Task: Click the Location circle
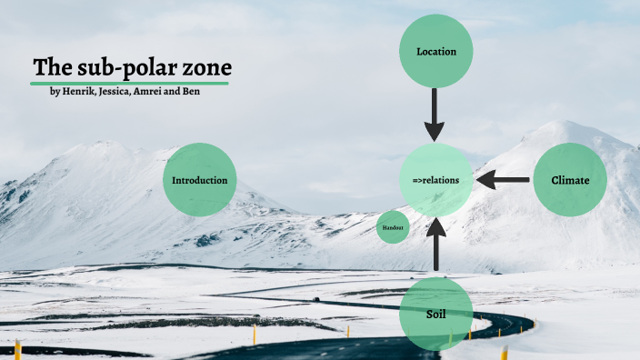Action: pos(435,51)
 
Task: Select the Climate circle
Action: pos(570,180)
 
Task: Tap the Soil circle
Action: pos(435,315)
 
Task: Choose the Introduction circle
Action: pos(200,180)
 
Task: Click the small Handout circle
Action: pos(393,226)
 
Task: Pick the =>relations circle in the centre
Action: pos(435,180)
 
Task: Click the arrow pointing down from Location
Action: pos(435,115)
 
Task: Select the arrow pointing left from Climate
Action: pos(503,180)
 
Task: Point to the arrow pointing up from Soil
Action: pos(435,247)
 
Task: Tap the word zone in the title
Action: pos(206,67)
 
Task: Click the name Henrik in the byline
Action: pos(77,92)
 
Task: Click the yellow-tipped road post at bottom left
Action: pos(18,349)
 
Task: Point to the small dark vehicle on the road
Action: pos(315,299)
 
